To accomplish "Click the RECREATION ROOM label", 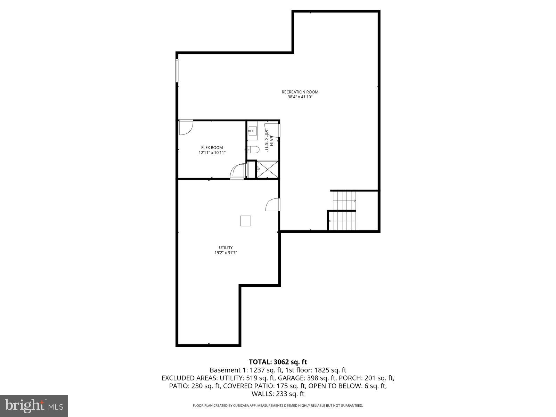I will click(300, 92).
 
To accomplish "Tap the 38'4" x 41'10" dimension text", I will click(300, 97).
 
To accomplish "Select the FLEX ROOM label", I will click(212, 148).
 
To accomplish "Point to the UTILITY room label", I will click(226, 248).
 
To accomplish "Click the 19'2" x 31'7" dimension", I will click(226, 253).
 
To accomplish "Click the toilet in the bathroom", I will click(254, 150).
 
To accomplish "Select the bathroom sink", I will click(252, 131).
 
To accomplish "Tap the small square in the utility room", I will click(246, 221).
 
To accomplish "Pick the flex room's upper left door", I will click(186, 128).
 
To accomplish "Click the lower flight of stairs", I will click(343, 221).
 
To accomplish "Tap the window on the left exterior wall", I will click(177, 71).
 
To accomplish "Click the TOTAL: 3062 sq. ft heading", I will click(278, 362).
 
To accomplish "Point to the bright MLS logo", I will click(34, 405).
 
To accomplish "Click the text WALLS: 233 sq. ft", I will click(278, 394).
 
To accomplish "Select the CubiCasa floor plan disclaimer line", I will click(278, 406).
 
